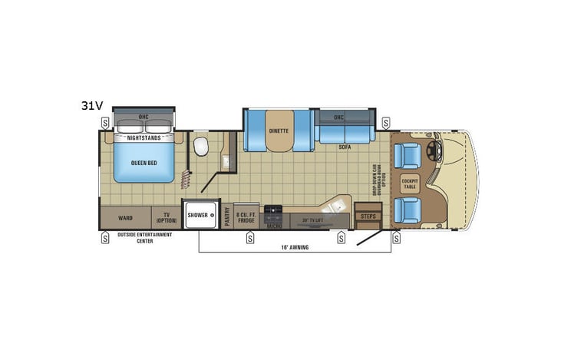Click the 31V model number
click(x=92, y=107)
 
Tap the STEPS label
click(x=367, y=216)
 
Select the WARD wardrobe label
click(x=125, y=217)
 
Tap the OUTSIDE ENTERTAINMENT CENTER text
click(x=145, y=237)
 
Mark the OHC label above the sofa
click(x=338, y=117)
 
